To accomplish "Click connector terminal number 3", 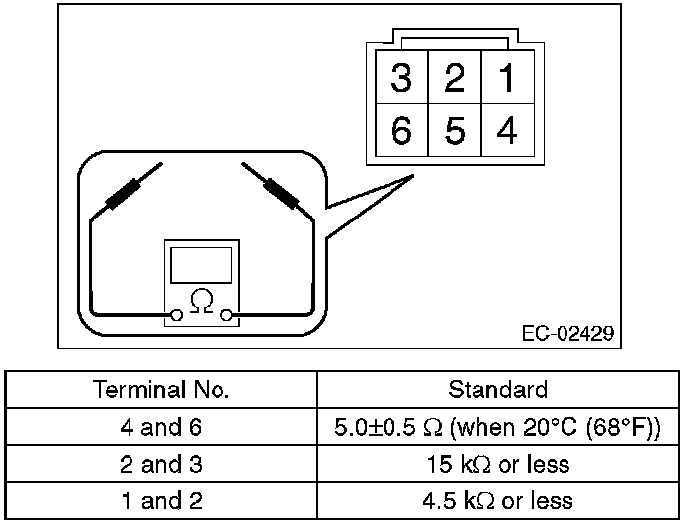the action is click(401, 79).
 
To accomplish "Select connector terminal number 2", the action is click(454, 79).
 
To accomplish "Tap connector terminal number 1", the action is click(507, 79).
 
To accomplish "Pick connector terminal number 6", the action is click(401, 131).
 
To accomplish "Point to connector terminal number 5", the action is click(454, 131).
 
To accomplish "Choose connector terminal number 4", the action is click(507, 131).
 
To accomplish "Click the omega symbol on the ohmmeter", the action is click(202, 299).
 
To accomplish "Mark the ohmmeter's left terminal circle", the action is click(176, 315).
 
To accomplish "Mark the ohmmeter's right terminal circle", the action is click(228, 315).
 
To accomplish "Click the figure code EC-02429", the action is click(566, 333).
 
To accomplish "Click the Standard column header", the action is click(497, 390).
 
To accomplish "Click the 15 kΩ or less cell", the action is click(497, 464).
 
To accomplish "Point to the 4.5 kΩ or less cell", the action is click(497, 500).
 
